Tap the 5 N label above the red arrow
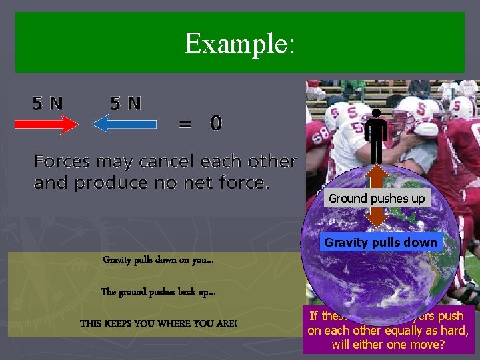point(48,103)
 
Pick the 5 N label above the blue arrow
point(126,103)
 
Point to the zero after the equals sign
point(215,123)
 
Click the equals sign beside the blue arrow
point(184,123)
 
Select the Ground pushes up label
point(377,198)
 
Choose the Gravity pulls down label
point(381,243)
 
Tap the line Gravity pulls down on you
point(158,259)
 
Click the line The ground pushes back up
point(158,291)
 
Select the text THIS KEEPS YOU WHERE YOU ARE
point(158,323)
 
